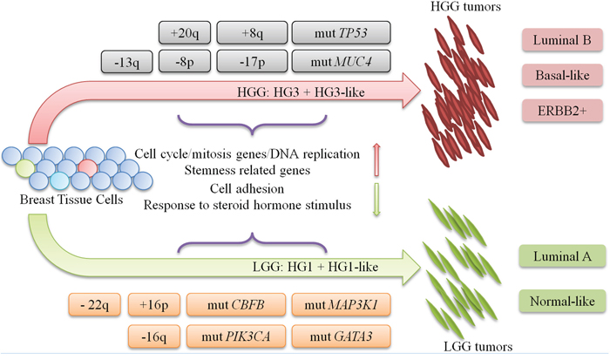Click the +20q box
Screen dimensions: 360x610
184,34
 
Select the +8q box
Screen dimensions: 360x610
252,34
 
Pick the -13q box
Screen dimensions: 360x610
125,62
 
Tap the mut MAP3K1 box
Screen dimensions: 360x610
336,306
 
